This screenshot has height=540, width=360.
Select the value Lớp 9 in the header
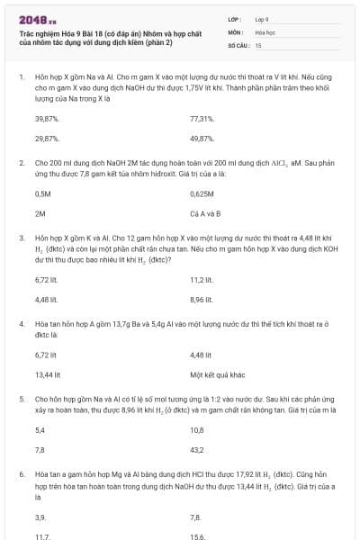click(262, 18)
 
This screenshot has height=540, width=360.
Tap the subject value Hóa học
click(265, 31)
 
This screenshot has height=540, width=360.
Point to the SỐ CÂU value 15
click(258, 44)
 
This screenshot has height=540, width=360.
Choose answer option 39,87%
click(47, 119)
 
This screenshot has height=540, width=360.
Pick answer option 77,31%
click(202, 119)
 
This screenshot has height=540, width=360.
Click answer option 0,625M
click(202, 193)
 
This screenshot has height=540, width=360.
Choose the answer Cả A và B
click(205, 214)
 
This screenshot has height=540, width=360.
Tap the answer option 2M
click(40, 214)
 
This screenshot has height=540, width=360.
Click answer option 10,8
click(197, 430)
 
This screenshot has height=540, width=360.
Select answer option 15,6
click(197, 536)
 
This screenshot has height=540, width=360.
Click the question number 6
click(21, 472)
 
